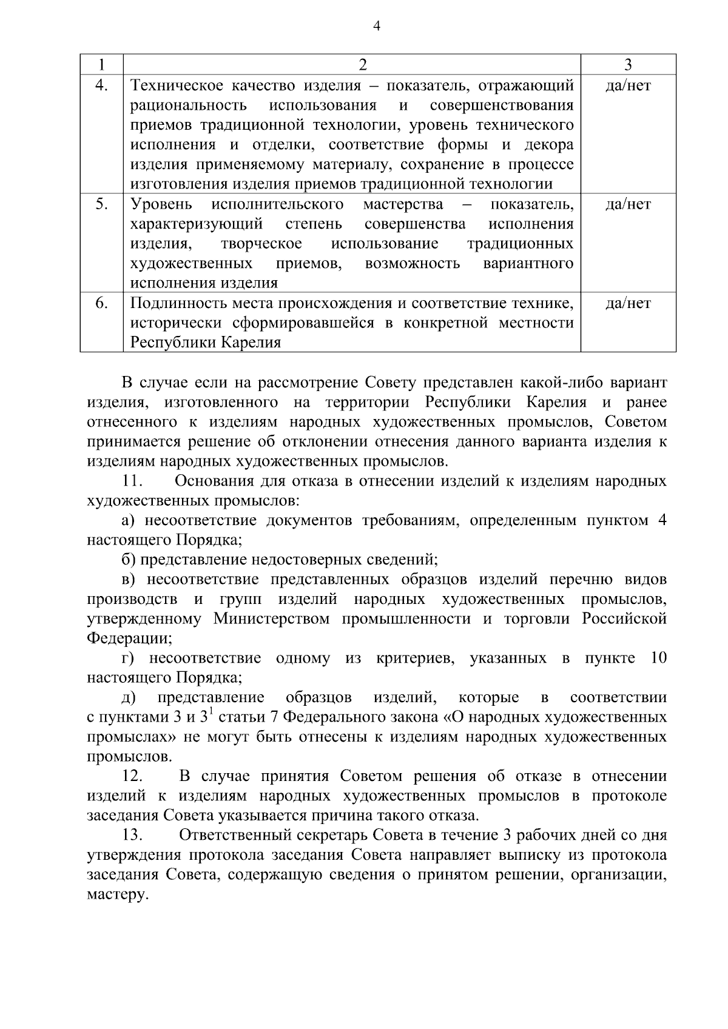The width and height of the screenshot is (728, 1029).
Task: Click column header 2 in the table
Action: pyautogui.click(x=363, y=65)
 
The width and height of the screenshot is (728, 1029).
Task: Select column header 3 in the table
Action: pyautogui.click(x=629, y=65)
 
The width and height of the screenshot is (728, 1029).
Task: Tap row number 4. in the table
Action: pyautogui.click(x=102, y=85)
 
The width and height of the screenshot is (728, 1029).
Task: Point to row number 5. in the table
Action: pyautogui.click(x=102, y=204)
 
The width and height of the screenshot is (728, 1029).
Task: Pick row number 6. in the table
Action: pyautogui.click(x=102, y=303)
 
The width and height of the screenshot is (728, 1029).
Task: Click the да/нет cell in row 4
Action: pyautogui.click(x=628, y=85)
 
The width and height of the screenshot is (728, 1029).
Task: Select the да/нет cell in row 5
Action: pyautogui.click(x=628, y=204)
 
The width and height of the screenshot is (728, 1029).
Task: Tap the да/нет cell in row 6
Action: pyautogui.click(x=628, y=303)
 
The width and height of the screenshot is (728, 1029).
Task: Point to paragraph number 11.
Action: pyautogui.click(x=132, y=481)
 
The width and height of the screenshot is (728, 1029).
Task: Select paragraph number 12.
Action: pyautogui.click(x=132, y=777)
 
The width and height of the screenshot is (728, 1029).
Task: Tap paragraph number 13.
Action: pyautogui.click(x=132, y=836)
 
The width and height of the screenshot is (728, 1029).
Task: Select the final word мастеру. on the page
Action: pyautogui.click(x=118, y=895)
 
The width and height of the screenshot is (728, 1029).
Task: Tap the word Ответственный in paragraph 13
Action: pyautogui.click(x=233, y=836)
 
